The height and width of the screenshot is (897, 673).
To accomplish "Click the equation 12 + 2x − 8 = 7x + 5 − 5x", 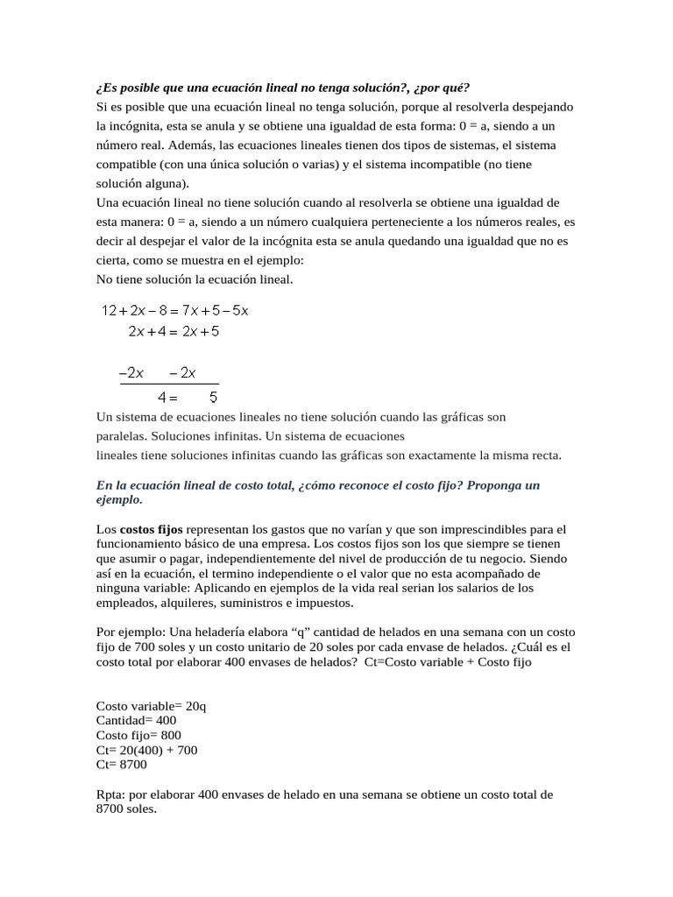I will click(x=176, y=310).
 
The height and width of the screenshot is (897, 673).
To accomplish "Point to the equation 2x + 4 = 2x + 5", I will click(x=174, y=332).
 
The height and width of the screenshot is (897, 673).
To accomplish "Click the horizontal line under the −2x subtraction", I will click(x=169, y=384).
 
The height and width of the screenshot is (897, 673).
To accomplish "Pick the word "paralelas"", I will click(x=121, y=435).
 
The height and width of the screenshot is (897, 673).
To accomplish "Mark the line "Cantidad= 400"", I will click(x=136, y=720).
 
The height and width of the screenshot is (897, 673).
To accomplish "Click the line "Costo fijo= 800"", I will click(x=138, y=735).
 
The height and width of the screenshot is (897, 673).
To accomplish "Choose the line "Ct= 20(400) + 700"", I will click(x=146, y=750).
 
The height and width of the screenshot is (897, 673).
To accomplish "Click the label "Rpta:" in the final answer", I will click(x=113, y=795).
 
